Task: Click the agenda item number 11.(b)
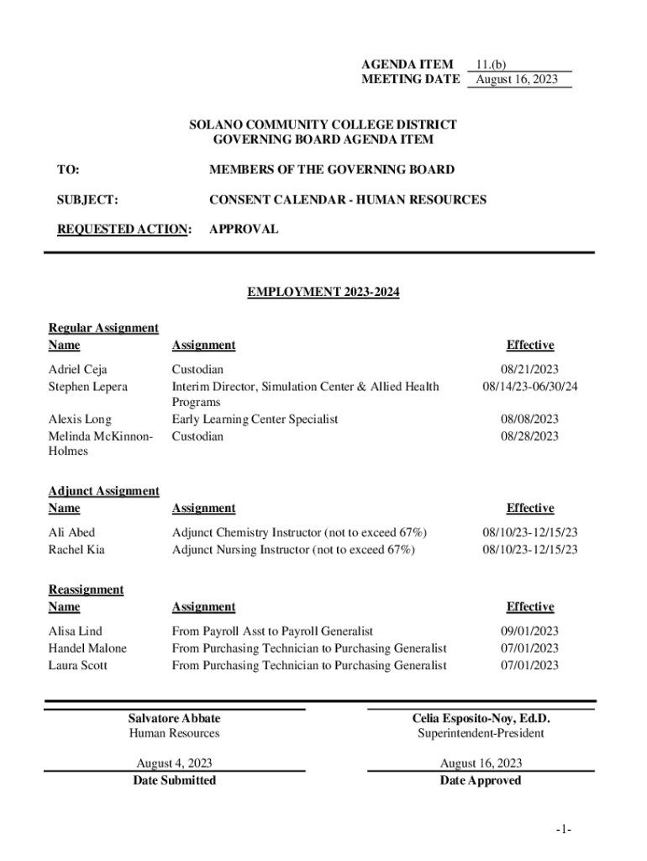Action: [491, 64]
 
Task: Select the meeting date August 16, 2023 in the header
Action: [516, 80]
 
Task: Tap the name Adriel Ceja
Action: [78, 369]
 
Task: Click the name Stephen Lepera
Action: [88, 387]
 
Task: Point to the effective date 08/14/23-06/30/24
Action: [529, 387]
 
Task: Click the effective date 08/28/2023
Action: [529, 436]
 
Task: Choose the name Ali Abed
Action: [72, 532]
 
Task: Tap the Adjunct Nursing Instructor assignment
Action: [293, 550]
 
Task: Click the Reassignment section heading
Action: [86, 589]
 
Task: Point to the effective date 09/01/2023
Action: [529, 631]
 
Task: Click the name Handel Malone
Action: [87, 648]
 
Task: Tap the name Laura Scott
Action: [78, 666]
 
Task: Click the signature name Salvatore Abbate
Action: [174, 718]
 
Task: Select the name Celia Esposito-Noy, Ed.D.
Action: [481, 718]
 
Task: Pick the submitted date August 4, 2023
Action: [174, 763]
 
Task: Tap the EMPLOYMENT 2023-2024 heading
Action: [323, 293]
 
